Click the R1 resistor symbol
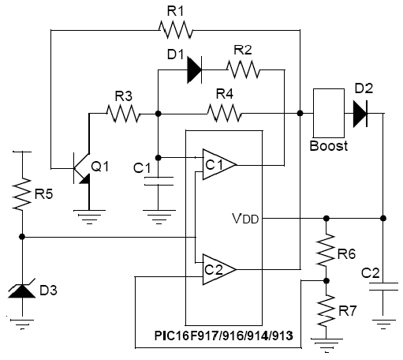pyautogui.click(x=176, y=30)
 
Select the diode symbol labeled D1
pyautogui.click(x=194, y=70)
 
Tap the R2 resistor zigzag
pyautogui.click(x=243, y=69)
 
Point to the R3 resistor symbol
pyautogui.click(x=123, y=114)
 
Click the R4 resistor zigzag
pyautogui.click(x=224, y=114)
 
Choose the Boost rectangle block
pyautogui.click(x=329, y=113)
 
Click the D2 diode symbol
pyautogui.click(x=360, y=114)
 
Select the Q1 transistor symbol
pyautogui.click(x=82, y=168)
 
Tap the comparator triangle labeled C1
pyautogui.click(x=219, y=165)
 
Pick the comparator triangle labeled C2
pyautogui.click(x=219, y=269)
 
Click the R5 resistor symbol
pyautogui.click(x=22, y=194)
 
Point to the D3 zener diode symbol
pyautogui.click(x=22, y=289)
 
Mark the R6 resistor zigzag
pyautogui.click(x=326, y=249)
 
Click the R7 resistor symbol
pyautogui.click(x=326, y=310)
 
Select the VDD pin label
pyautogui.click(x=245, y=219)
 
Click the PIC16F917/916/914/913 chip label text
pyautogui.click(x=223, y=336)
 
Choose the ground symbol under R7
pyautogui.click(x=327, y=346)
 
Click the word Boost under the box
pyautogui.click(x=329, y=145)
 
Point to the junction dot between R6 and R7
pyautogui.click(x=327, y=281)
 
